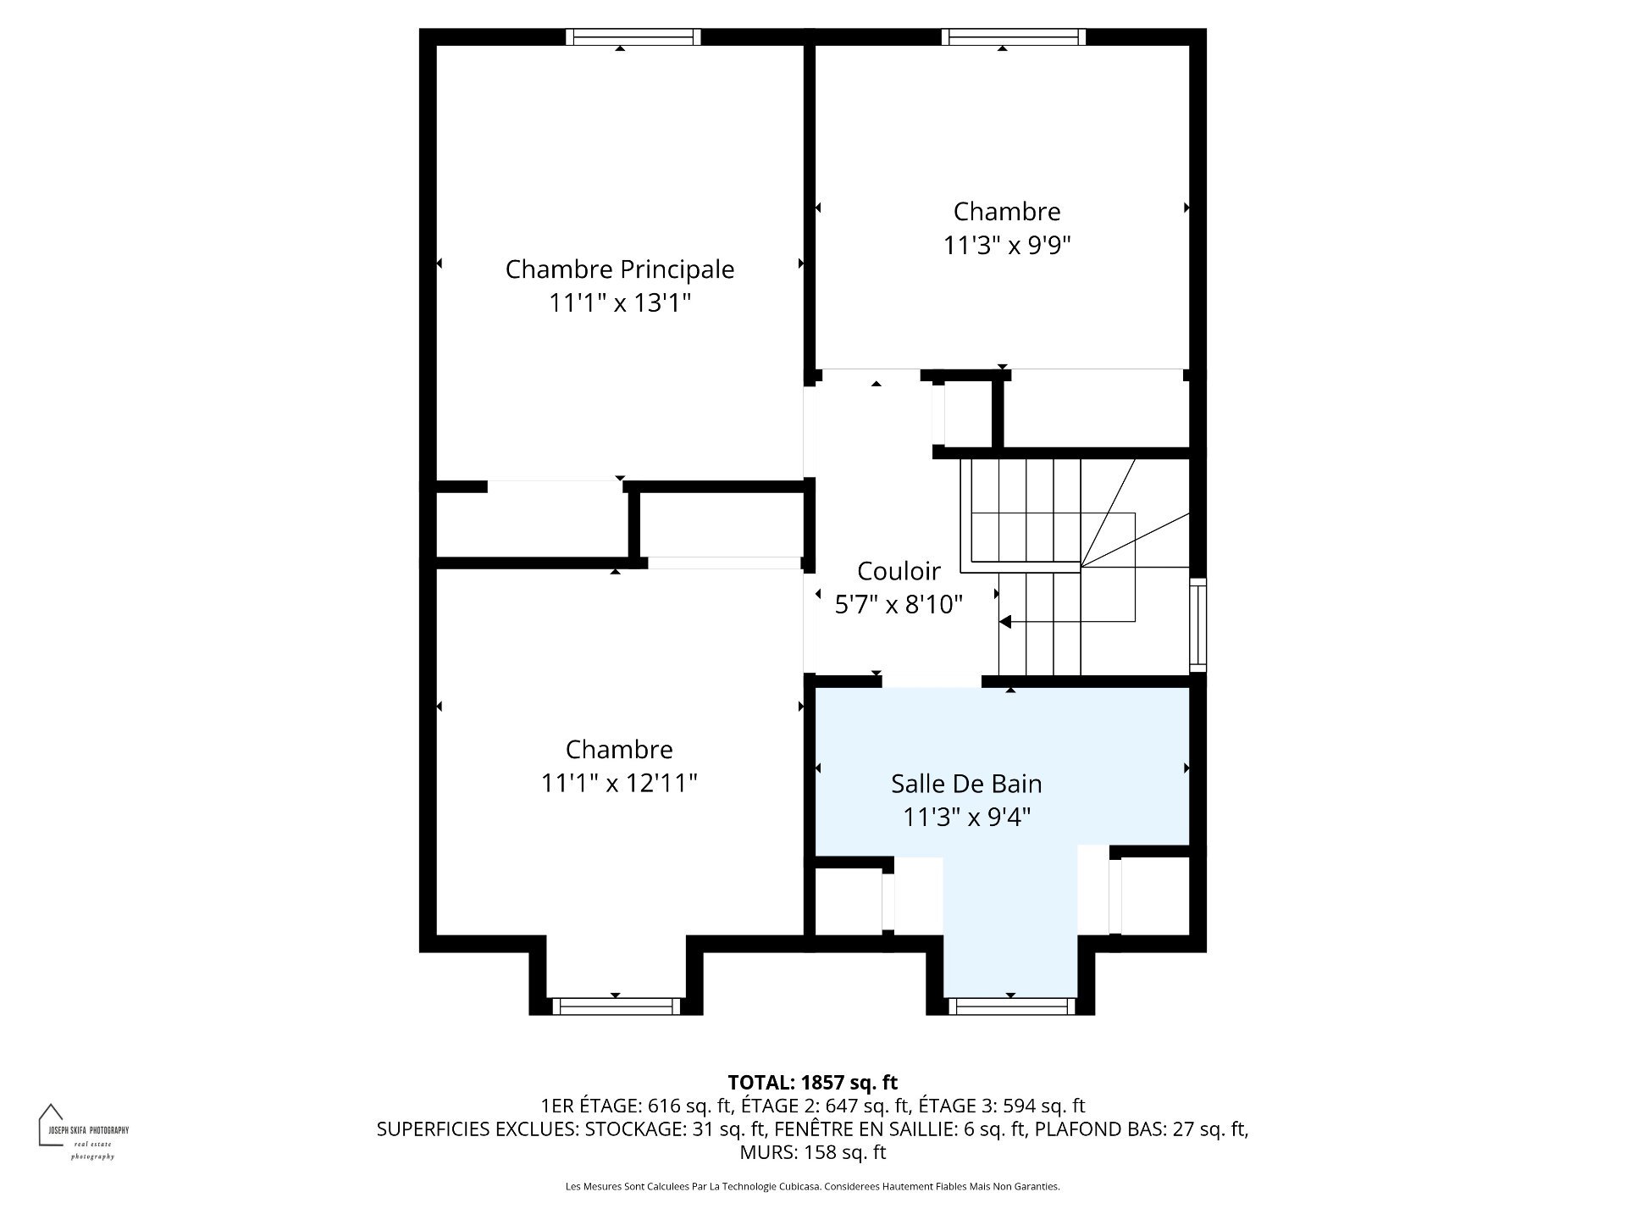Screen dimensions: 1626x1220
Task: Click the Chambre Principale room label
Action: (620, 269)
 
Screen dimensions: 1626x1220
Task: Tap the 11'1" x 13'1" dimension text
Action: (620, 302)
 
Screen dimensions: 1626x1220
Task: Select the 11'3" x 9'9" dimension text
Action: (1007, 245)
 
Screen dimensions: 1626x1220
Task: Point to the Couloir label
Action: (899, 571)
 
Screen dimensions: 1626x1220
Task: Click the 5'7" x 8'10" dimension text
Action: (899, 604)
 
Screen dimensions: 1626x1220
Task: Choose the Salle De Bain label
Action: (966, 784)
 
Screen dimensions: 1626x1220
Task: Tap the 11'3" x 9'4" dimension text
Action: (966, 817)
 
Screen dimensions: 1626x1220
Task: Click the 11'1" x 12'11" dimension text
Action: (619, 782)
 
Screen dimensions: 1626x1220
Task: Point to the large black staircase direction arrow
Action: (1005, 623)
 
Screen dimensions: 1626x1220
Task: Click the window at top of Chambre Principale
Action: (633, 36)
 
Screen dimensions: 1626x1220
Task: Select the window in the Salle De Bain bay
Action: (1010, 1006)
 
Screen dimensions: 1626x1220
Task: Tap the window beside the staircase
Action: (1197, 625)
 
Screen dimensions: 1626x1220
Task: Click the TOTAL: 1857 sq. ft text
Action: (813, 1082)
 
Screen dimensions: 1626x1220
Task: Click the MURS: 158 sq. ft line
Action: (813, 1152)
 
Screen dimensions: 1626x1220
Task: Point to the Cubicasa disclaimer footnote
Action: (813, 1186)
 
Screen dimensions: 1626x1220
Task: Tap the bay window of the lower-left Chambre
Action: (616, 1006)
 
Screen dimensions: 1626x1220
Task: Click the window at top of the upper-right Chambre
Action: (1014, 36)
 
